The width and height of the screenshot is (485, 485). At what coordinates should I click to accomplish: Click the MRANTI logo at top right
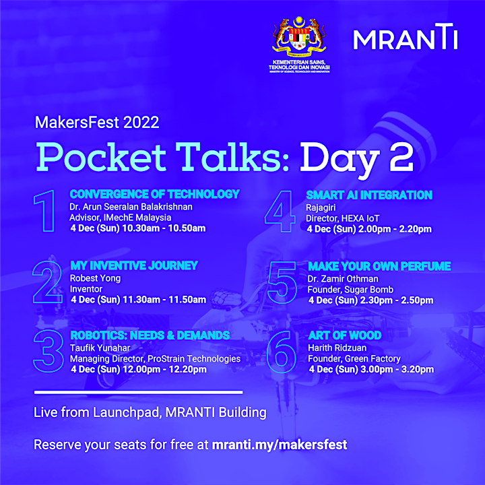tap(406, 36)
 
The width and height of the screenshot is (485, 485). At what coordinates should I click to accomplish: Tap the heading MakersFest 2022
tap(97, 122)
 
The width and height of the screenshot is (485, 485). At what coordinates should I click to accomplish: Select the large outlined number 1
tap(45, 211)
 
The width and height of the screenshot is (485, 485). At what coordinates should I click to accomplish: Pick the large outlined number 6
tap(281, 352)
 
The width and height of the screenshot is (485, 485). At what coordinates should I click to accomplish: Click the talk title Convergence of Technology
tap(155, 194)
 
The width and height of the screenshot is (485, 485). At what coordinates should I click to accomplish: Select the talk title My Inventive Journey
tap(134, 265)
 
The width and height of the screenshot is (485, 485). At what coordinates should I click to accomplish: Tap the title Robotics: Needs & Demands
tap(150, 335)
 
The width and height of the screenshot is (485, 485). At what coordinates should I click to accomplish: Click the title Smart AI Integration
tap(369, 195)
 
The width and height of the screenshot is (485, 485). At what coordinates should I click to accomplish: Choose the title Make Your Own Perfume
tap(379, 266)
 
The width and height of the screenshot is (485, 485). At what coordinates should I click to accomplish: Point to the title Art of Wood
tap(345, 335)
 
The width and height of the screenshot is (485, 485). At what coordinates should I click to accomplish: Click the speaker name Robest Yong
tap(95, 278)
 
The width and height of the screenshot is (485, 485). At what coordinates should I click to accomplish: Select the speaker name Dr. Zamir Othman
tap(343, 279)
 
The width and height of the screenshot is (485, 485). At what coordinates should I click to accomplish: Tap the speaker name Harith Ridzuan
tap(337, 348)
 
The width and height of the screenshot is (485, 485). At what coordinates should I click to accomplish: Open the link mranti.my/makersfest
tap(280, 445)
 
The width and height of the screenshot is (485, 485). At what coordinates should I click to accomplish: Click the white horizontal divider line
tap(138, 393)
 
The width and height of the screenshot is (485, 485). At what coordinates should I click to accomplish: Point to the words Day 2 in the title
tap(357, 158)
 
